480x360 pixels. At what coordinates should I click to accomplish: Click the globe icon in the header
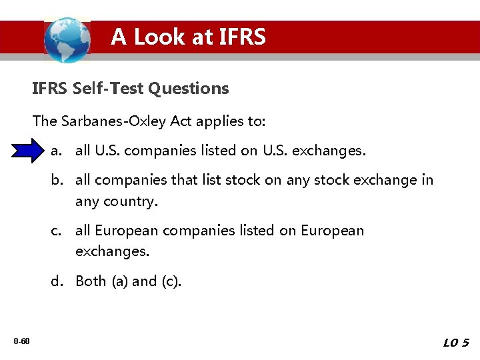click(x=67, y=39)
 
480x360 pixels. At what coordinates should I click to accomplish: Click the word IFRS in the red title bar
click(x=241, y=37)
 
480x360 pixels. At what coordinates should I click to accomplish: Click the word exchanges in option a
click(x=331, y=151)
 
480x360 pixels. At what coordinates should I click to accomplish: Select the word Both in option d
click(x=91, y=281)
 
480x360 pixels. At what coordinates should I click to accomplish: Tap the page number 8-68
click(x=21, y=341)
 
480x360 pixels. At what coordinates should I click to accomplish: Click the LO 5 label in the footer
click(x=456, y=343)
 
